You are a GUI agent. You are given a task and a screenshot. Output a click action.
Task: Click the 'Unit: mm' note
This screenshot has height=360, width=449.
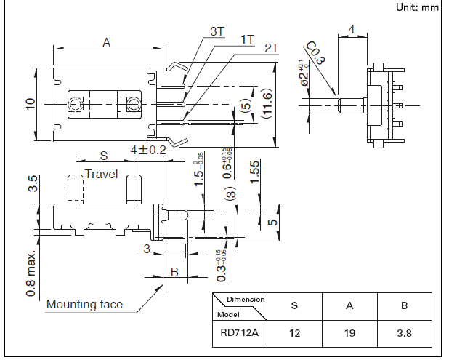click(x=418, y=7)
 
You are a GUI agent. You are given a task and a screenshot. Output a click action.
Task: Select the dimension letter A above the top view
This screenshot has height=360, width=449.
click(x=106, y=43)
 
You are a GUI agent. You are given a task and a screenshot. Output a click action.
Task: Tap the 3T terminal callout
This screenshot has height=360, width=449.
click(x=218, y=31)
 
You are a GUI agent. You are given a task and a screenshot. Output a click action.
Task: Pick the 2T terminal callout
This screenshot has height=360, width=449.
click(x=272, y=48)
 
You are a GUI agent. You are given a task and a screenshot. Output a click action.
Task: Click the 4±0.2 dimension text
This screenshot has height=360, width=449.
click(x=148, y=150)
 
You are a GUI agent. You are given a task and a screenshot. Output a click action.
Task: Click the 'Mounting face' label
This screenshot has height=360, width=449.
click(x=85, y=304)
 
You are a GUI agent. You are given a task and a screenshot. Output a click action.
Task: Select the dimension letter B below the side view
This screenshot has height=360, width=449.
click(x=174, y=272)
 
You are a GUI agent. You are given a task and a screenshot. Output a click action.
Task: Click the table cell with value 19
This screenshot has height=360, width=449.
click(x=349, y=334)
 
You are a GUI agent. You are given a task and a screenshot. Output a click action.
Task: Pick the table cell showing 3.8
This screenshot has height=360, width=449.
click(x=404, y=334)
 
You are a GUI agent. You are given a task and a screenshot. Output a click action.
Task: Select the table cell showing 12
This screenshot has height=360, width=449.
click(x=294, y=334)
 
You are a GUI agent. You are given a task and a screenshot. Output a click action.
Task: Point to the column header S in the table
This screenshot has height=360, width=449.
click(x=294, y=306)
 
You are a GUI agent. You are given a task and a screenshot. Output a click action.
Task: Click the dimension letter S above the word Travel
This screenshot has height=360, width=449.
click(x=103, y=156)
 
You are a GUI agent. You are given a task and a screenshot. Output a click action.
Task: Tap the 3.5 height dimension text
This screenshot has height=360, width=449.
click(x=32, y=184)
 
